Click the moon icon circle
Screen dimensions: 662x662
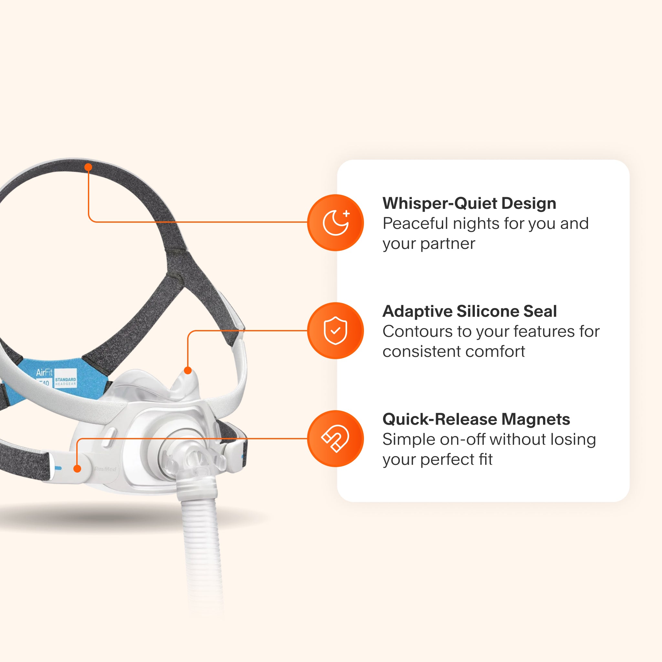pyautogui.click(x=336, y=223)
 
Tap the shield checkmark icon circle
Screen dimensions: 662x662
pyautogui.click(x=336, y=331)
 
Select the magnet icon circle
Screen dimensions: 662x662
pyautogui.click(x=336, y=439)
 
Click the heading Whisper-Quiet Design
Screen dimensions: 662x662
pyautogui.click(x=469, y=203)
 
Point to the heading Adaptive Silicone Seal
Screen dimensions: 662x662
pyautogui.click(x=469, y=311)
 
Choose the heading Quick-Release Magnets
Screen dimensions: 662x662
pyautogui.click(x=476, y=419)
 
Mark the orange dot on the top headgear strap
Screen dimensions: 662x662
pyautogui.click(x=88, y=167)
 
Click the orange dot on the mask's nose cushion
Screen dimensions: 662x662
pyautogui.click(x=188, y=370)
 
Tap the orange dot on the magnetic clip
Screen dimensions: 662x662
pyautogui.click(x=78, y=469)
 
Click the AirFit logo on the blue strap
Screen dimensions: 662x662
pyautogui.click(x=44, y=372)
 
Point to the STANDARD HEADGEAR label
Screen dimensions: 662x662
pyautogui.click(x=65, y=381)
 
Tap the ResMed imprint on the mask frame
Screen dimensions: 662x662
pyautogui.click(x=105, y=469)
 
